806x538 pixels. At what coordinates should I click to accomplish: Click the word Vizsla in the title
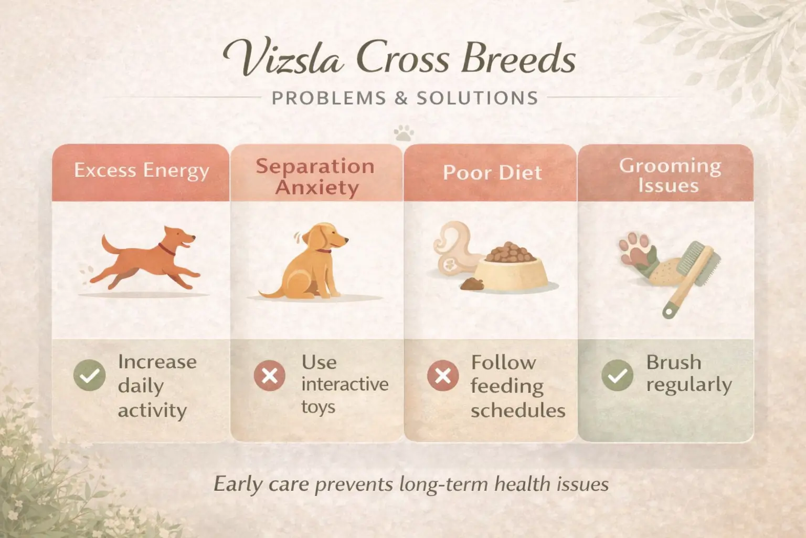tap(284, 58)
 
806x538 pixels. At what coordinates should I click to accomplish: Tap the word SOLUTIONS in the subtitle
tap(478, 98)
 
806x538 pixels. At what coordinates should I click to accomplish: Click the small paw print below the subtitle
tap(403, 133)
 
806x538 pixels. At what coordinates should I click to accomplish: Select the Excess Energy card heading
tap(141, 171)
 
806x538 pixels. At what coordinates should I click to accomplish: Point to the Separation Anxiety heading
tap(315, 177)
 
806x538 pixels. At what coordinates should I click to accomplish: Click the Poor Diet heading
tap(492, 173)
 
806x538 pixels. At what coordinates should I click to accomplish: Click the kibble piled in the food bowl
tap(510, 253)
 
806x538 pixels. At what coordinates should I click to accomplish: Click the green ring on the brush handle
tap(667, 313)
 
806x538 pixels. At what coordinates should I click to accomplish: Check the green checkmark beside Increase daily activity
tap(90, 375)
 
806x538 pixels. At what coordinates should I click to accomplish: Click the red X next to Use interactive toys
tap(270, 376)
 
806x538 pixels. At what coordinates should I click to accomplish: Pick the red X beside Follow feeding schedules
tap(443, 376)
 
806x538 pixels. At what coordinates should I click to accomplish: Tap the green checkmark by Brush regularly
tap(617, 375)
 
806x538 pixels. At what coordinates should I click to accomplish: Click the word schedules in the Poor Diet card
tap(517, 410)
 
